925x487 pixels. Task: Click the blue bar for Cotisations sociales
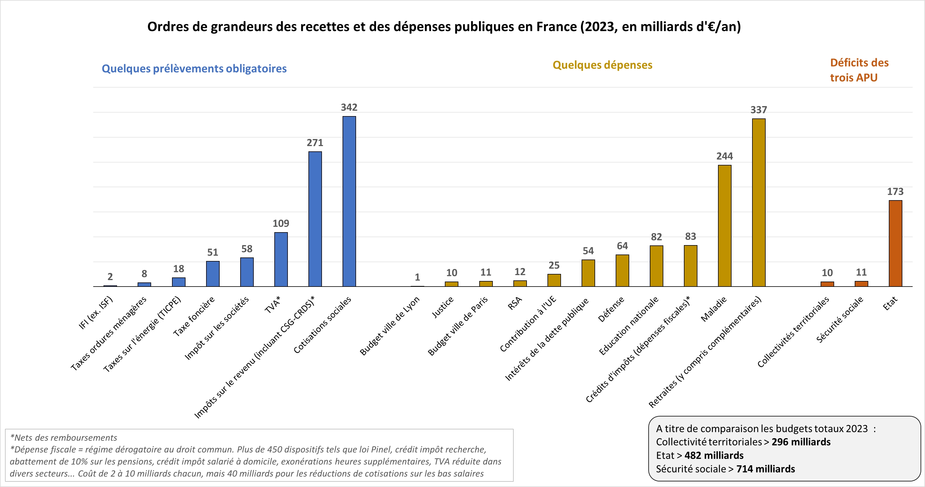(x=349, y=201)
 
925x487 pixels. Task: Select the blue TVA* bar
(x=281, y=260)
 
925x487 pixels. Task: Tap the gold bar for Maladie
(x=725, y=226)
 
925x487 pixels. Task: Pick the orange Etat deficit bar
(x=895, y=243)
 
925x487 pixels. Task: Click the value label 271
(x=315, y=143)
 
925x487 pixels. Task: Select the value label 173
(x=895, y=192)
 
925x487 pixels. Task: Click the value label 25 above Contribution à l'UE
(x=554, y=265)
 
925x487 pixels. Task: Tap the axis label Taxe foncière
(x=194, y=316)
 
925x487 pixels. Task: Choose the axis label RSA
(x=515, y=303)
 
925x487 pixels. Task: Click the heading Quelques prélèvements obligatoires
(x=194, y=68)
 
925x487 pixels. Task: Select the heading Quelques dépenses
(x=602, y=65)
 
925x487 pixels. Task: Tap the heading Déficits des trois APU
(x=859, y=70)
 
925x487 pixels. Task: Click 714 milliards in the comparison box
(x=766, y=469)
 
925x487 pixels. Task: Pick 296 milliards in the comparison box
(x=801, y=442)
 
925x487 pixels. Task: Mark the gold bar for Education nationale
(x=656, y=266)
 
